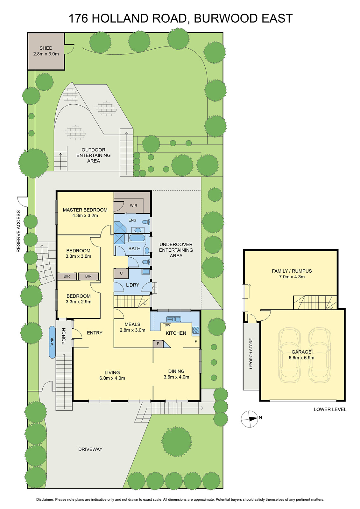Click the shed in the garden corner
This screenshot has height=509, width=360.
(46, 51)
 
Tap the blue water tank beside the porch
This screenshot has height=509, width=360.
(52, 342)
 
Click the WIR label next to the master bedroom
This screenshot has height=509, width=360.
(134, 206)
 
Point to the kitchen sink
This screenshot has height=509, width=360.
(173, 319)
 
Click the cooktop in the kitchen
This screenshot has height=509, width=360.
(195, 330)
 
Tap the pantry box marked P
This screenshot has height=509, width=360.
(158, 344)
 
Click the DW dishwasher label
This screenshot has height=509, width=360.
(167, 325)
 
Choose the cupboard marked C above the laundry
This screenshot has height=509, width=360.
(121, 273)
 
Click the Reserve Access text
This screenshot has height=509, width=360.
(18, 231)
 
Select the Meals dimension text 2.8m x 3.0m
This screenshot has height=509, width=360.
(132, 330)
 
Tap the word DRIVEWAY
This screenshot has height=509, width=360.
(90, 449)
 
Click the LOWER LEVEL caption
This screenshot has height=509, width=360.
(330, 409)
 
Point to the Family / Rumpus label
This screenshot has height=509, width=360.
(292, 271)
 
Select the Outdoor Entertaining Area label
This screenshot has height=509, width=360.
(93, 155)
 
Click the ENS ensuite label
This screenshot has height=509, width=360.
(132, 220)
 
